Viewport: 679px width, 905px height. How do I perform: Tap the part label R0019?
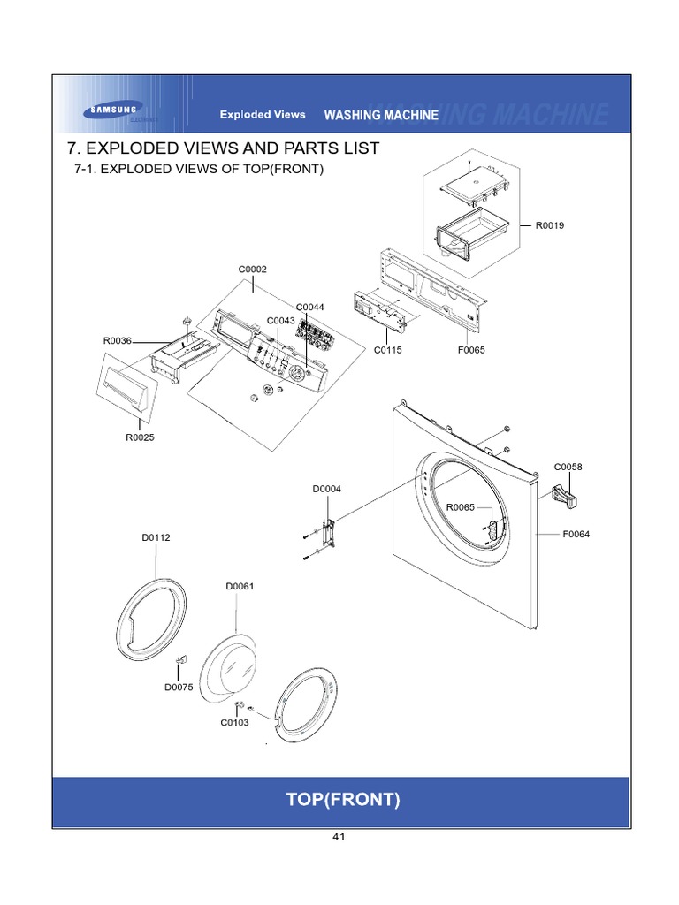(x=549, y=225)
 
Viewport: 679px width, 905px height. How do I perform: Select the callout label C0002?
(x=252, y=269)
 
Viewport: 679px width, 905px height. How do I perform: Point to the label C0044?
(x=310, y=307)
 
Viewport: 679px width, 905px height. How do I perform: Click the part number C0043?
(x=280, y=320)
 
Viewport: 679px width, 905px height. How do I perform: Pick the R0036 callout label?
(x=118, y=341)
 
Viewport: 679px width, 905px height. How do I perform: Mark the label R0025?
(x=140, y=437)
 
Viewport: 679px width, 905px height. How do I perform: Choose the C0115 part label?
(x=388, y=351)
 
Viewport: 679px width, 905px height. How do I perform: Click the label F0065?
(x=470, y=351)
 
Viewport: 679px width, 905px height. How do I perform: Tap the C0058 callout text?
(x=568, y=466)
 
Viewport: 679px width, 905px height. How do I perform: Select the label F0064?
(x=576, y=534)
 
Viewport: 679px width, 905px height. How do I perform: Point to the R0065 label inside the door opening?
(x=461, y=507)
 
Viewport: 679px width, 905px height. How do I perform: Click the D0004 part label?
(x=326, y=489)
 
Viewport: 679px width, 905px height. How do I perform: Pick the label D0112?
(x=156, y=537)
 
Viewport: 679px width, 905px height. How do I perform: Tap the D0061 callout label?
(x=240, y=586)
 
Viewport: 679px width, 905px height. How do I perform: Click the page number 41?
(x=339, y=838)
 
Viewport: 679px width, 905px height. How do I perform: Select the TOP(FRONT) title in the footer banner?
(x=343, y=801)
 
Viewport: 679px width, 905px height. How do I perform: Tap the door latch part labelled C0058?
(x=567, y=496)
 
